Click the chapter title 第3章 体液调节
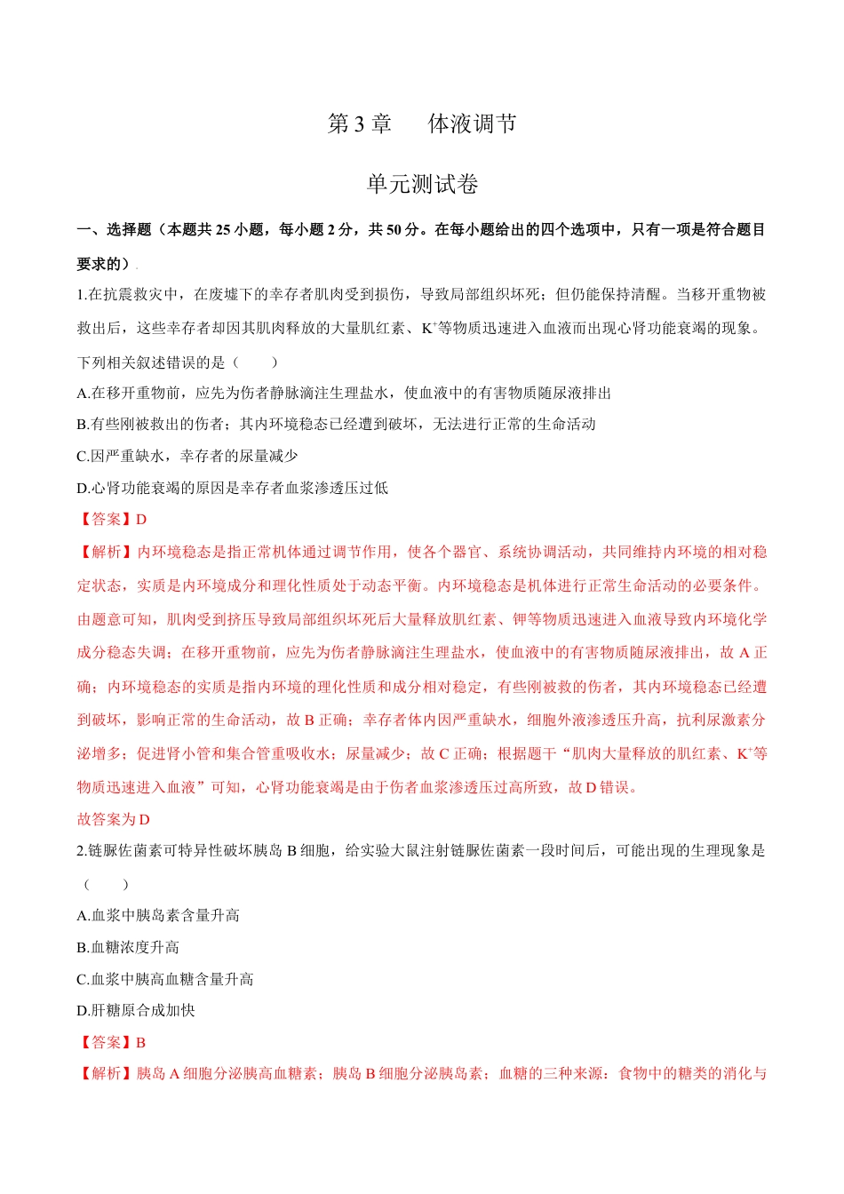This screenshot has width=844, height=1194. click(422, 124)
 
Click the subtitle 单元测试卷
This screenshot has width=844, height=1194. click(422, 184)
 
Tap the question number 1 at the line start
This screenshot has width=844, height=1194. click(81, 295)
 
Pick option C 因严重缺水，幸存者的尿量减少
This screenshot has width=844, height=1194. click(187, 457)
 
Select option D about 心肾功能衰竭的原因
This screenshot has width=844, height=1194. click(233, 488)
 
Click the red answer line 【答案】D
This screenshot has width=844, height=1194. click(112, 520)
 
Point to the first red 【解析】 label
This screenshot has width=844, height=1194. click(106, 553)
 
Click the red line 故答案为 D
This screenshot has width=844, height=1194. click(114, 819)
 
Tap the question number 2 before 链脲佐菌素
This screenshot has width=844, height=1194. click(81, 851)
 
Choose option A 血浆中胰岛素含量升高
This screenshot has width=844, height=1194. click(158, 916)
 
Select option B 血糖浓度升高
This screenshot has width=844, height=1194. click(128, 948)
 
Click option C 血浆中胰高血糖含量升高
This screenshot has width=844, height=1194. click(165, 980)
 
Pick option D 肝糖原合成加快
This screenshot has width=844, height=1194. click(136, 1011)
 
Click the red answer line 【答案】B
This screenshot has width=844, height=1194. click(112, 1043)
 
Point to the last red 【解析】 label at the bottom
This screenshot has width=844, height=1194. click(106, 1074)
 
